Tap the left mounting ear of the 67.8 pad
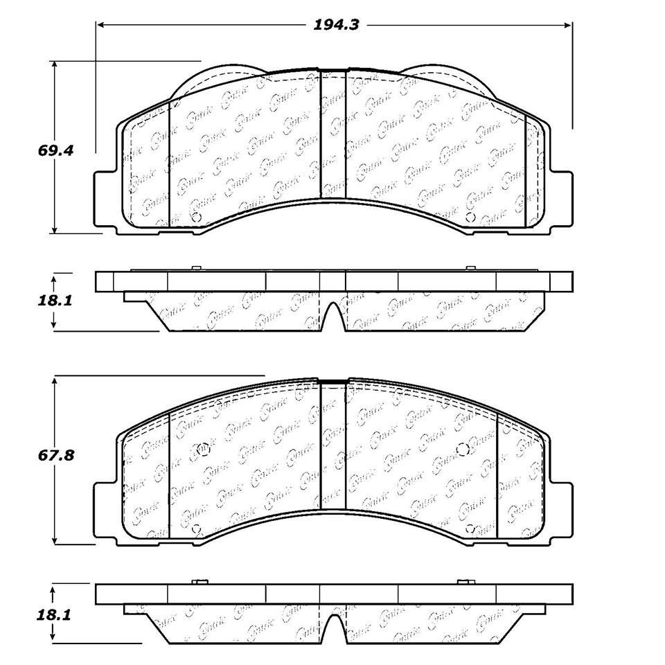click(104, 510)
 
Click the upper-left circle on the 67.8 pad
click(203, 450)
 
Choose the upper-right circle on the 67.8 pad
click(463, 450)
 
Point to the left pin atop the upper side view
click(196, 268)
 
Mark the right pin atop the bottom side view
click(463, 581)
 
